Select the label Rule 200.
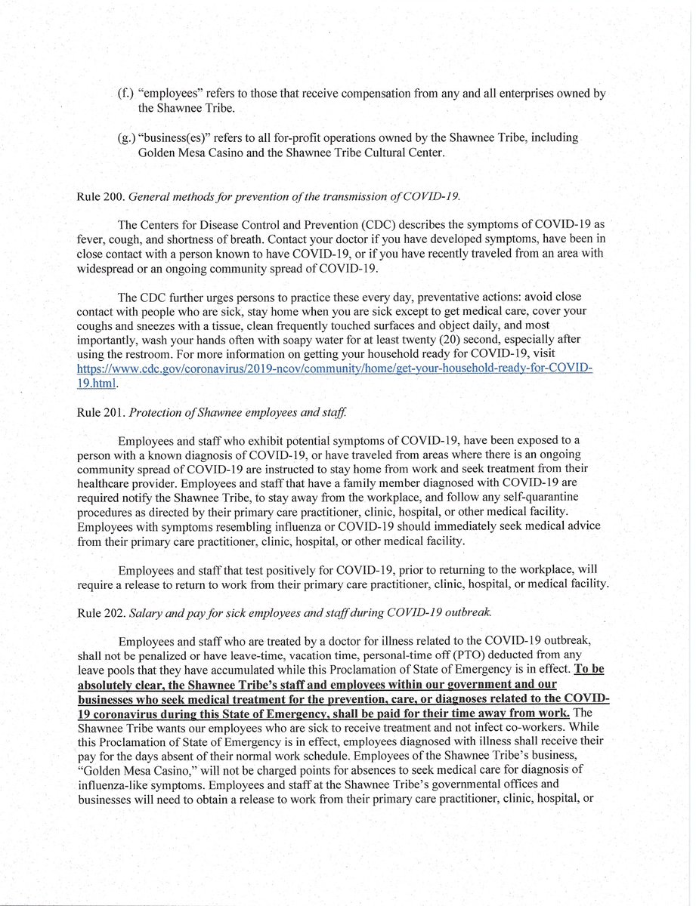[x=99, y=199]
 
